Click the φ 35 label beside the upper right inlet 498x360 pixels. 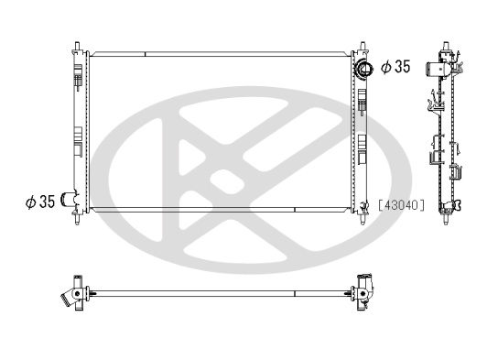pyautogui.click(x=395, y=66)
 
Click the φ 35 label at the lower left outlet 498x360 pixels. pyautogui.click(x=40, y=202)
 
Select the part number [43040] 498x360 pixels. pyautogui.click(x=401, y=205)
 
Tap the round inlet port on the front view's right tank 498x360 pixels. pyautogui.click(x=363, y=69)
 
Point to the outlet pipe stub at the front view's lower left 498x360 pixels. pyautogui.click(x=70, y=199)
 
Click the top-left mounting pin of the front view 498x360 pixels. pyautogui.click(x=77, y=47)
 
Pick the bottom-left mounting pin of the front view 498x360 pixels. pyautogui.click(x=77, y=219)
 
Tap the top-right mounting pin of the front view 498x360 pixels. pyautogui.click(x=363, y=47)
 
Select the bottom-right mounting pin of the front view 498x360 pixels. pyautogui.click(x=363, y=219)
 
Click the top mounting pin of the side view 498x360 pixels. pyautogui.click(x=446, y=46)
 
